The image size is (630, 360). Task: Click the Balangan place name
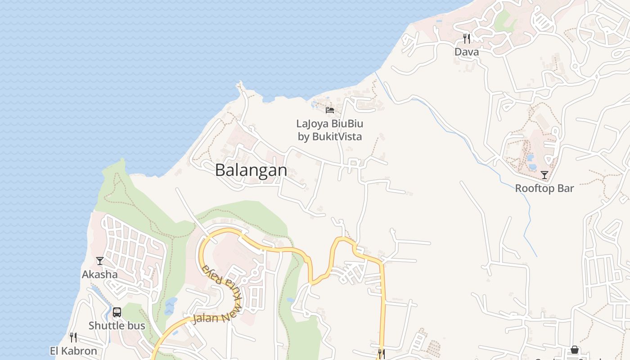pos(251,170)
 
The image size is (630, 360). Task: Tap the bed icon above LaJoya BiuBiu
pos(330,110)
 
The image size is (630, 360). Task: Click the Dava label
pos(467,52)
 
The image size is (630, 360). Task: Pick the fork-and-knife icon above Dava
pos(467,39)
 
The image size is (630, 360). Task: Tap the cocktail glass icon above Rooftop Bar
pos(544,175)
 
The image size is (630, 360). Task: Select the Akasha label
pos(99,274)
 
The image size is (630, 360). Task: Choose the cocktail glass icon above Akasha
pos(100,261)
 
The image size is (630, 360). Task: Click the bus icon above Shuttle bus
pos(117,312)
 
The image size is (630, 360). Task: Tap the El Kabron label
pos(73,351)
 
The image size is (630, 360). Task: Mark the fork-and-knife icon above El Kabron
pos(73,337)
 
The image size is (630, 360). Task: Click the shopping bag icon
pos(575,350)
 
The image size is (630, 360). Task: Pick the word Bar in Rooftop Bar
pos(566,188)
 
